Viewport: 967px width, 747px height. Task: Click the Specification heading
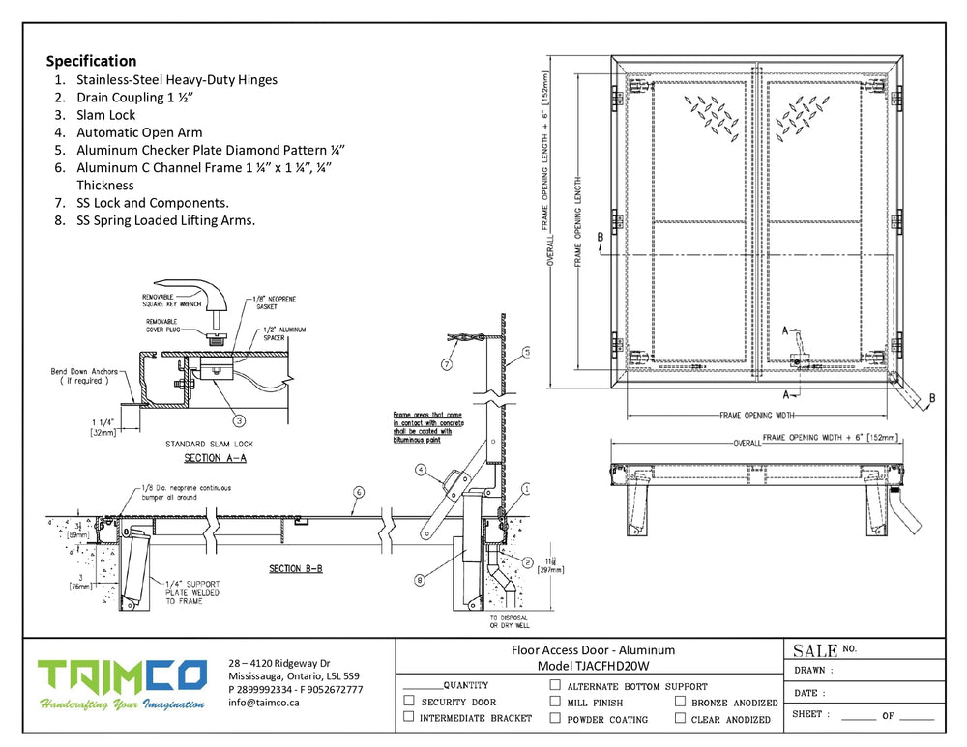pyautogui.click(x=91, y=61)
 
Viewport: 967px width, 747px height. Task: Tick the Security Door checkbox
pyautogui.click(x=409, y=702)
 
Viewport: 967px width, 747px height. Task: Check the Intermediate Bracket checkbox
pyautogui.click(x=409, y=717)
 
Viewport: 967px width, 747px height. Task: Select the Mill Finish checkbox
pyautogui.click(x=555, y=702)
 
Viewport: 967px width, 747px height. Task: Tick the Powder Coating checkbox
pyautogui.click(x=555, y=718)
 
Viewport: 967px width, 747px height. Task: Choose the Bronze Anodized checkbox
pyautogui.click(x=681, y=702)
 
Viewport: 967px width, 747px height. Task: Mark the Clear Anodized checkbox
pyautogui.click(x=681, y=718)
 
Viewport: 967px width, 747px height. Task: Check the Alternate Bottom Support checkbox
pyautogui.click(x=555, y=685)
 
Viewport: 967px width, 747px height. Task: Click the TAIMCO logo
pyautogui.click(x=122, y=676)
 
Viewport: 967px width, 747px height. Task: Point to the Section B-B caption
pyautogui.click(x=295, y=568)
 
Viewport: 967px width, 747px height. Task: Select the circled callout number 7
pyautogui.click(x=446, y=364)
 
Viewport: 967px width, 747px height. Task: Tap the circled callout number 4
pyautogui.click(x=421, y=471)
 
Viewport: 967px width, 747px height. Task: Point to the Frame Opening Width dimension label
pyautogui.click(x=758, y=416)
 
